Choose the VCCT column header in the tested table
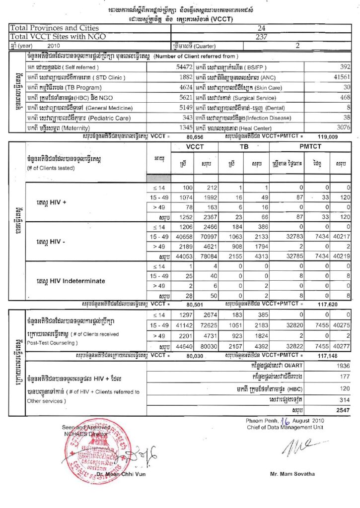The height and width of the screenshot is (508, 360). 195,147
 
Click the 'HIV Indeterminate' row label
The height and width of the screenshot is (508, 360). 71,281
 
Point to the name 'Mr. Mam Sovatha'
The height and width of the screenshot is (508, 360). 292,474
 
